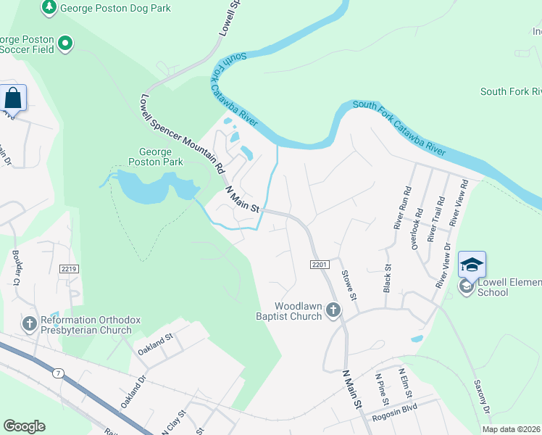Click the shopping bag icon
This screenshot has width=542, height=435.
13,97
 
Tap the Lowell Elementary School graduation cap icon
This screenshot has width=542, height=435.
471,265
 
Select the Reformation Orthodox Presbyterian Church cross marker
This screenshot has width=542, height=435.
30,324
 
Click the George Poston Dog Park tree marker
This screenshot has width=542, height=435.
49,8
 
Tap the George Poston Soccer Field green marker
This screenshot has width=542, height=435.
66,43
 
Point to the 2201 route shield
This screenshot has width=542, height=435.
320,265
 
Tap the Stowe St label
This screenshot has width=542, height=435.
348,286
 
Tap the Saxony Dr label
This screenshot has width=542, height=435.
482,397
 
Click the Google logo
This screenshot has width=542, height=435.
24,426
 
